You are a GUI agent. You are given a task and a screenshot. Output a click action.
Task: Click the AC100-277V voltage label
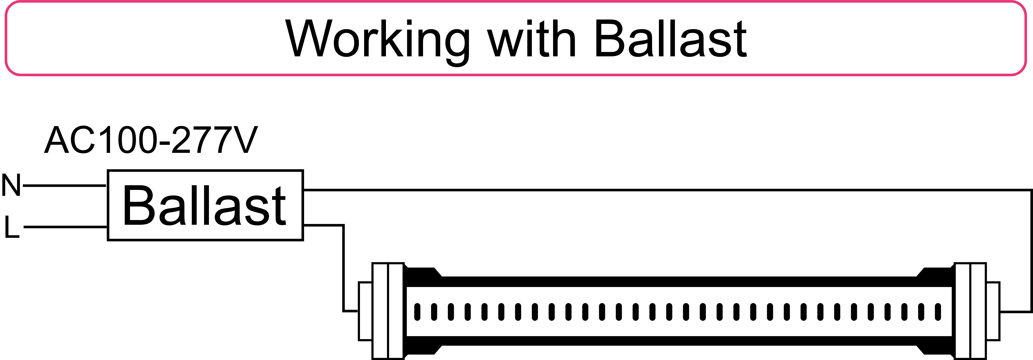click(x=151, y=140)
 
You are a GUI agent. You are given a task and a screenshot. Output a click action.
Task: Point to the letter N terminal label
click(x=11, y=185)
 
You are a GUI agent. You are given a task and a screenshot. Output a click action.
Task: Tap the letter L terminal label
click(x=12, y=227)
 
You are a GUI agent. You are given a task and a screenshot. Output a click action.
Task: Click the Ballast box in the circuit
click(x=205, y=205)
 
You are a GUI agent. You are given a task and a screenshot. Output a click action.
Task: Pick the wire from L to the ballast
click(x=65, y=227)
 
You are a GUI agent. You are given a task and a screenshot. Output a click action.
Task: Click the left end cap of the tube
click(x=388, y=311)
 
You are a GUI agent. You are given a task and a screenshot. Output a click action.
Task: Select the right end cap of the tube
click(x=970, y=311)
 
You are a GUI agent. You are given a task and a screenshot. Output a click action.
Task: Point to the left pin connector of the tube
click(x=365, y=311)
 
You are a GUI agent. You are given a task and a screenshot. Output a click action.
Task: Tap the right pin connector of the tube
click(x=993, y=311)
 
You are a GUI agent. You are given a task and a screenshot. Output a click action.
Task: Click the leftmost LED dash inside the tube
click(x=417, y=312)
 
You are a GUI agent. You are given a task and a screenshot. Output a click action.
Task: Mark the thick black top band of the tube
click(x=679, y=281)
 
